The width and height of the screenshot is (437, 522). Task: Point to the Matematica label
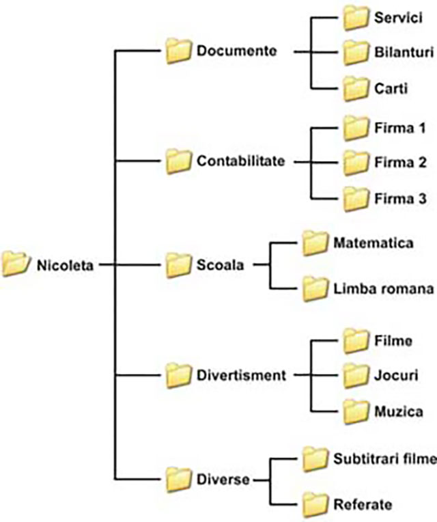(373, 242)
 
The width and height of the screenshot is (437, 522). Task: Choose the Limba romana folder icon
(316, 288)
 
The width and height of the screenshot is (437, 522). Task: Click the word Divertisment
(241, 374)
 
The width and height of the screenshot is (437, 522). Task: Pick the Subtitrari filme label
(384, 458)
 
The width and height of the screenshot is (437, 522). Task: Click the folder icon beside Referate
(316, 504)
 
